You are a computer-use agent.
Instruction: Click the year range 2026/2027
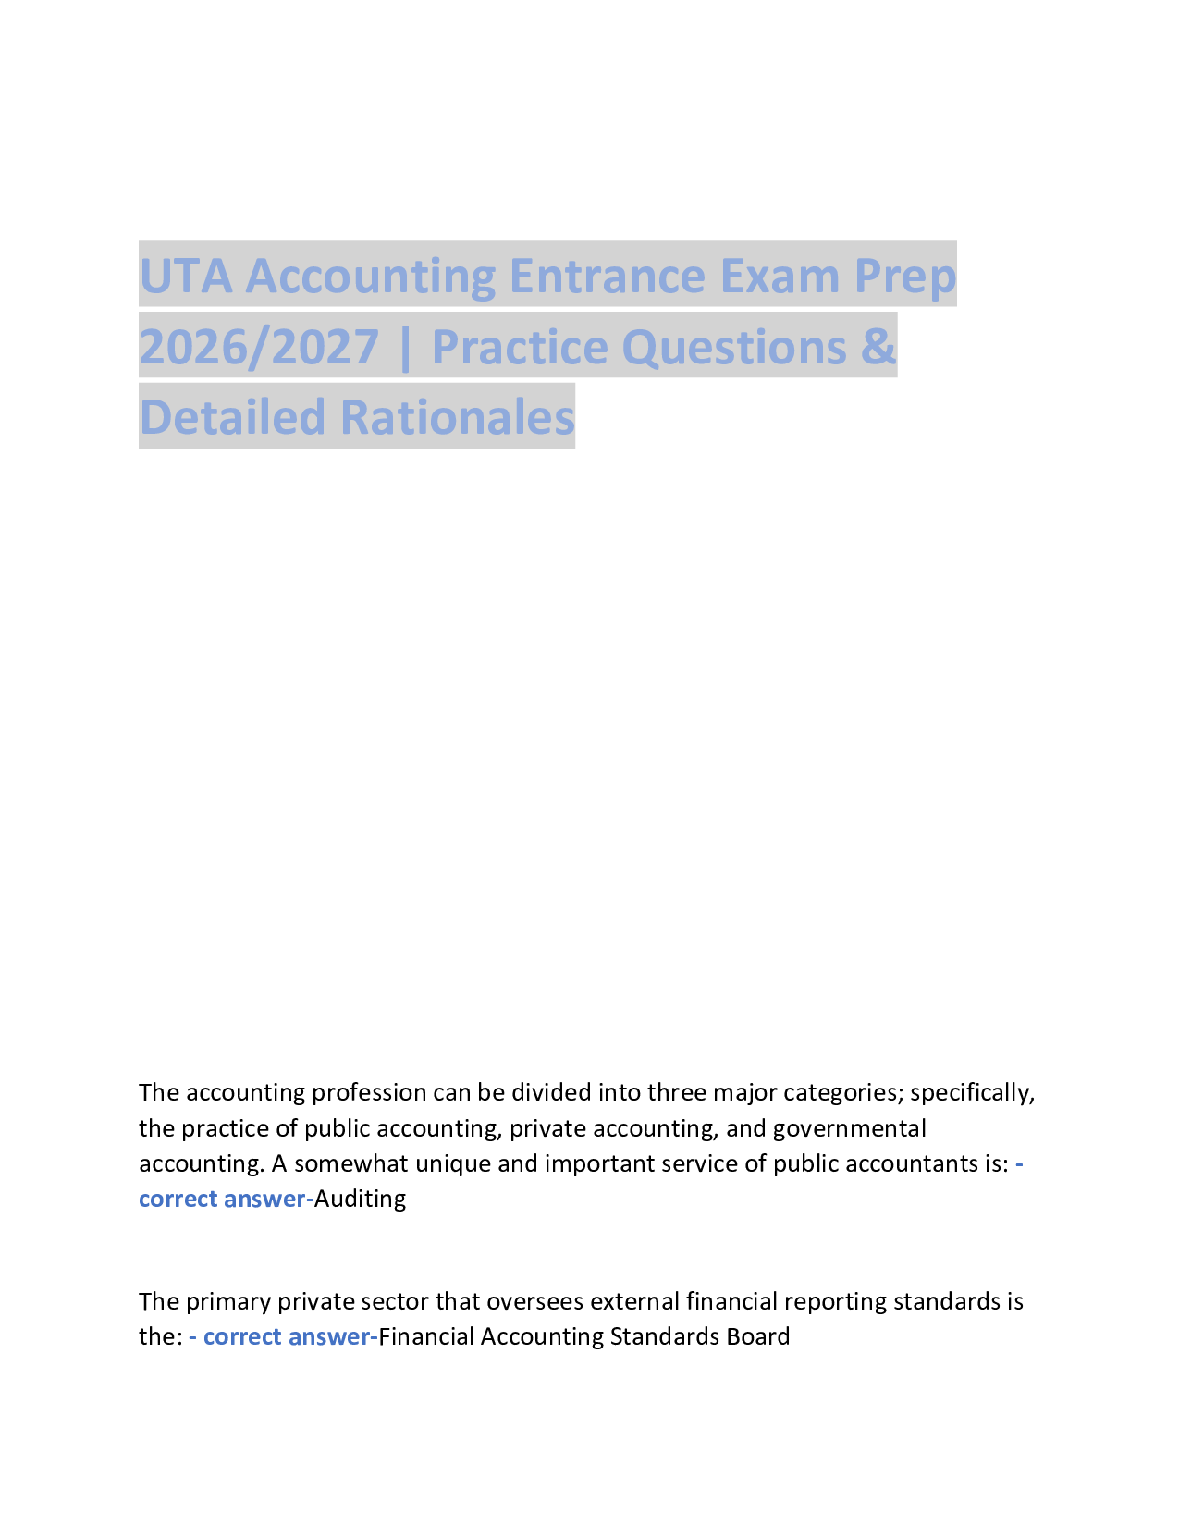[x=259, y=347]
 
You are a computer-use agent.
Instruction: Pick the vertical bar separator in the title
[x=405, y=347]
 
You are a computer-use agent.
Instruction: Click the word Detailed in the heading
[x=232, y=417]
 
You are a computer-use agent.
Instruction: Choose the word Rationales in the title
[x=458, y=417]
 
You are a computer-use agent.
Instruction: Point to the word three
[x=676, y=1093]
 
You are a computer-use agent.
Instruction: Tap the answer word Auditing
[x=360, y=1200]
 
